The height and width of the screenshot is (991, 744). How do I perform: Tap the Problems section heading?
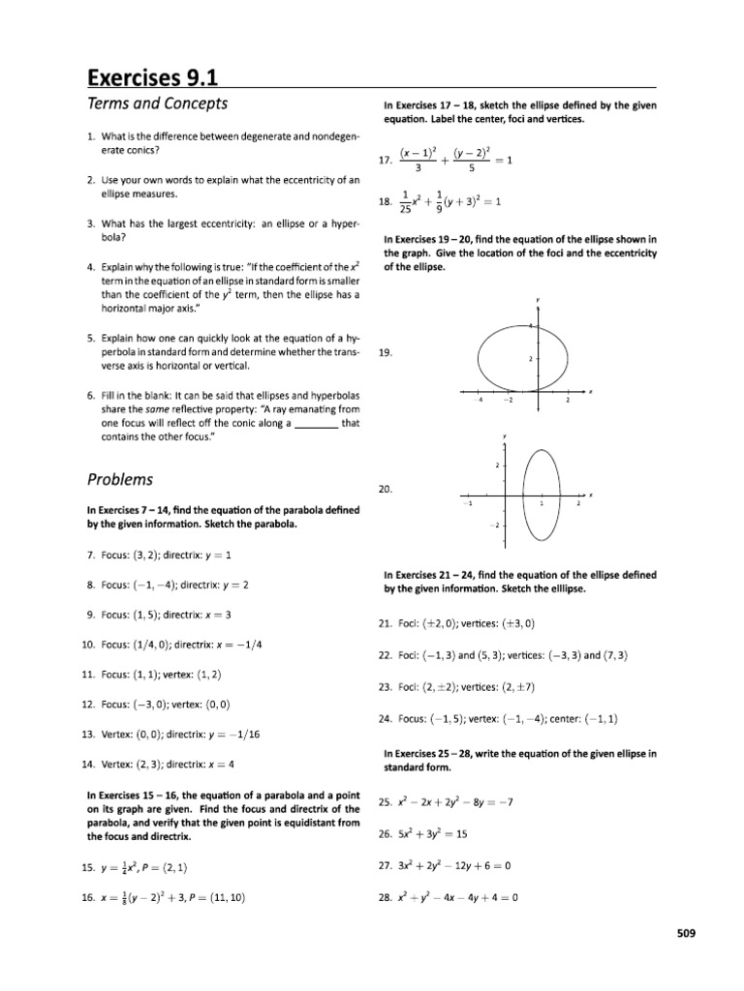tap(121, 479)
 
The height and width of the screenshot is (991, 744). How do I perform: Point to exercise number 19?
tap(385, 354)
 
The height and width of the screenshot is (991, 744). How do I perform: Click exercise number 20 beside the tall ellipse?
tap(385, 490)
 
